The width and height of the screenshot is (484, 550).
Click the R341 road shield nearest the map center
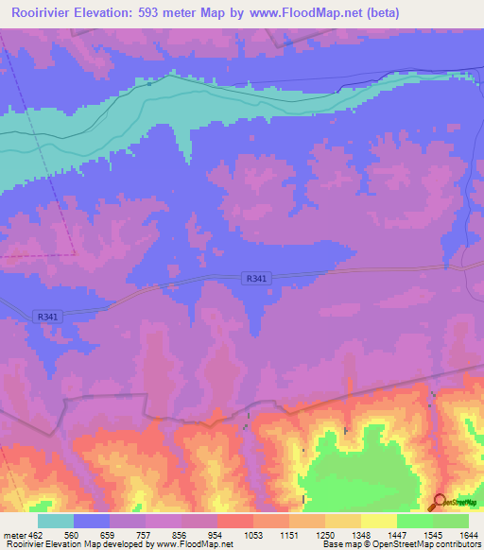tap(255, 278)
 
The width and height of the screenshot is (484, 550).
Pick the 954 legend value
tap(217, 535)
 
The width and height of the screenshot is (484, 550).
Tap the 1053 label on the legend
tap(253, 535)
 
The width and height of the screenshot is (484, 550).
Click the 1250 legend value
tap(325, 535)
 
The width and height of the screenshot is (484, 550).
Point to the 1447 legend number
tap(397, 535)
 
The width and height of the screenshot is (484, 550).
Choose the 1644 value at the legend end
tap(468, 535)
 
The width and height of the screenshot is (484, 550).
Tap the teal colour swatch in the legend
tap(56, 521)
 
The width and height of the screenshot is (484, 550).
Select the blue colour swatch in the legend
tap(92, 521)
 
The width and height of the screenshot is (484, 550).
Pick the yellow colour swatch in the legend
tap(378, 521)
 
